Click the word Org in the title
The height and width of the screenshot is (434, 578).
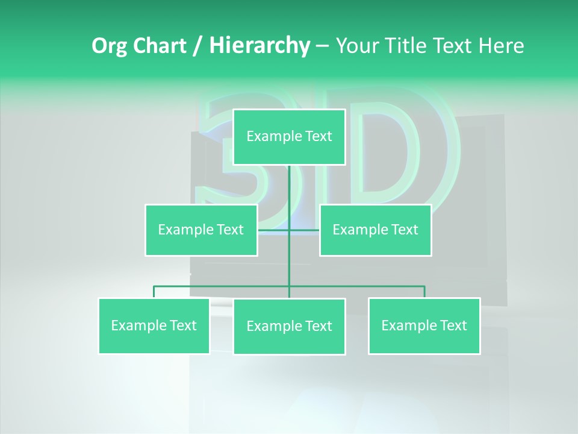click(109, 46)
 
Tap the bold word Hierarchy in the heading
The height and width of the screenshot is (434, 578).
click(259, 46)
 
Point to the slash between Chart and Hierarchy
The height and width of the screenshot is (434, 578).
click(197, 46)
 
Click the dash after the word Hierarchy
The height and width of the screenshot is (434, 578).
click(322, 46)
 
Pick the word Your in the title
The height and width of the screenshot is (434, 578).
click(356, 46)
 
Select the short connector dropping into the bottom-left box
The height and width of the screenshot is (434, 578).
click(154, 292)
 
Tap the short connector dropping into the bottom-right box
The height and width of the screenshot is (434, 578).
click(424, 292)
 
